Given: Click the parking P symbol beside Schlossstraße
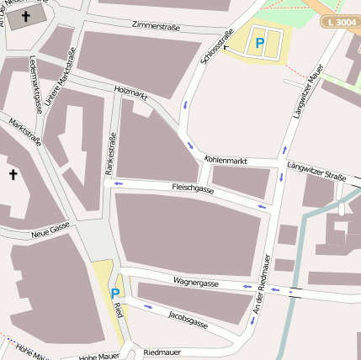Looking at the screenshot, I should point(260,42).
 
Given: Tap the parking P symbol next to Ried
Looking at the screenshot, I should point(114,293).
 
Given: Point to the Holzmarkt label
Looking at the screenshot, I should point(130,95).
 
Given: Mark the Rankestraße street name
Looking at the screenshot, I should point(109,152).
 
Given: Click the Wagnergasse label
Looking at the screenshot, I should point(195,283).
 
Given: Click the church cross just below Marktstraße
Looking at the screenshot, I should point(13,174).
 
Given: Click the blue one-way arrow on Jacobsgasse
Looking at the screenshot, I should point(148,306).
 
